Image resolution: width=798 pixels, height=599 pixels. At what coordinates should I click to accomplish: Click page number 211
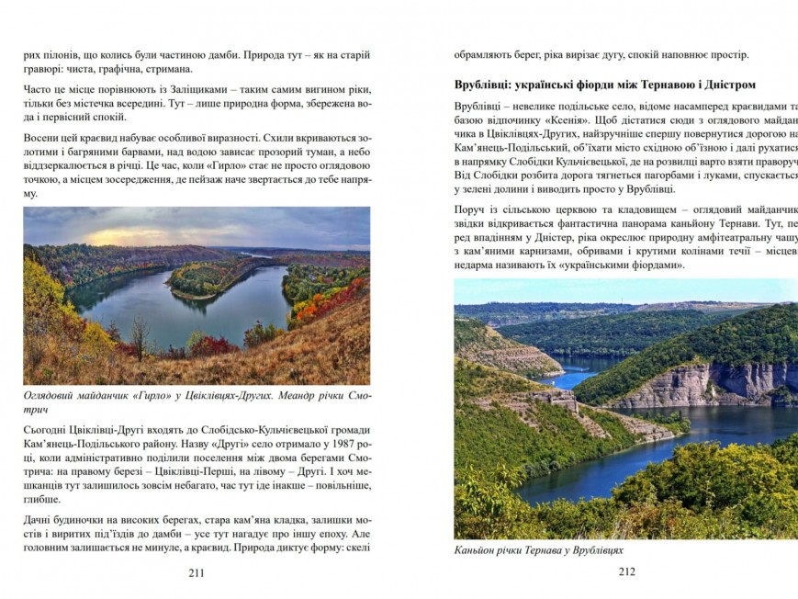[196, 573]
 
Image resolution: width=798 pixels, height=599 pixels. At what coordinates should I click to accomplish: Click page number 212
[626, 571]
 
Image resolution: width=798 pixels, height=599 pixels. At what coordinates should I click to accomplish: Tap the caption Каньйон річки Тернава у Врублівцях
[538, 551]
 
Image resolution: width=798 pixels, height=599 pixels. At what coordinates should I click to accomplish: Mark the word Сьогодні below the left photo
[51, 430]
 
